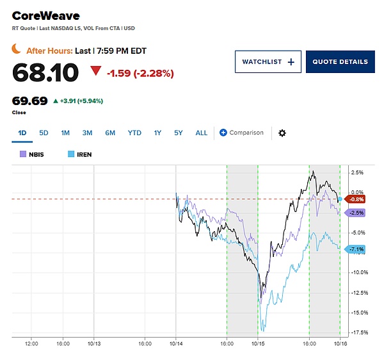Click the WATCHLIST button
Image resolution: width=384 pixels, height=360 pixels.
tap(268, 61)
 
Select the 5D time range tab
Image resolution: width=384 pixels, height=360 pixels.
tap(44, 133)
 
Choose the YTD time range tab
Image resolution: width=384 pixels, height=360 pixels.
tap(134, 133)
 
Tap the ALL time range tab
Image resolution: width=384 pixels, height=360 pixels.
tap(202, 133)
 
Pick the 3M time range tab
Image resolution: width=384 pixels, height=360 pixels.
tap(87, 133)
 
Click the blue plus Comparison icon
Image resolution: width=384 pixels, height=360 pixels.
tap(223, 133)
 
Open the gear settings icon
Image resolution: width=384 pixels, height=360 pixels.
tap(282, 133)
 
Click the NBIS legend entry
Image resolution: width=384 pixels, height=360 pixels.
tap(31, 154)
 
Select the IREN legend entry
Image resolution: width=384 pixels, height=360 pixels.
tap(79, 154)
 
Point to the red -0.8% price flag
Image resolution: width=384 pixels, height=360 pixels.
tap(355, 199)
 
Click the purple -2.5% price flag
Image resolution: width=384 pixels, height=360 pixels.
tap(355, 213)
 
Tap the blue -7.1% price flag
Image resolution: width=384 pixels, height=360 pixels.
tap(355, 249)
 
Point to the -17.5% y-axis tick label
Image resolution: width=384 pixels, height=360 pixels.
tap(360, 332)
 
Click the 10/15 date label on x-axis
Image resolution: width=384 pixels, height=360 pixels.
tap(258, 343)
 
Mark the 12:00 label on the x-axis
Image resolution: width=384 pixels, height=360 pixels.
tap(31, 343)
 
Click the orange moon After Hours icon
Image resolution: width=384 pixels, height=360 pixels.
tap(16, 49)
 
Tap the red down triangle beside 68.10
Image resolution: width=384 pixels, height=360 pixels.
tap(95, 70)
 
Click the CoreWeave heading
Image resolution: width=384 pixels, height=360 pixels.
tap(46, 16)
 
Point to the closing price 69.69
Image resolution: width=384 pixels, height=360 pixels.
tap(29, 101)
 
